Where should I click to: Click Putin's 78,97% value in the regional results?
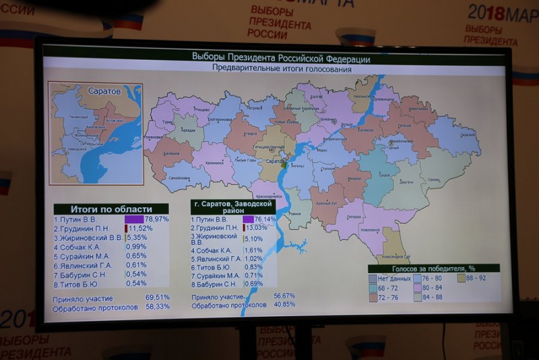point(156,219)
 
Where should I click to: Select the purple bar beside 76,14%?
point(248,219)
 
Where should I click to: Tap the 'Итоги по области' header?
point(111,209)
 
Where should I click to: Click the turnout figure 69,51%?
point(157,297)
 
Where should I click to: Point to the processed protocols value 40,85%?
point(284,304)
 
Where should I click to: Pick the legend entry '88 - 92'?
point(476,277)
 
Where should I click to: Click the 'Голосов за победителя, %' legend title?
point(433,268)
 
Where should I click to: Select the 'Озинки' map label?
point(435,179)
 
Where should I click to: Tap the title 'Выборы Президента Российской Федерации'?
point(276,57)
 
